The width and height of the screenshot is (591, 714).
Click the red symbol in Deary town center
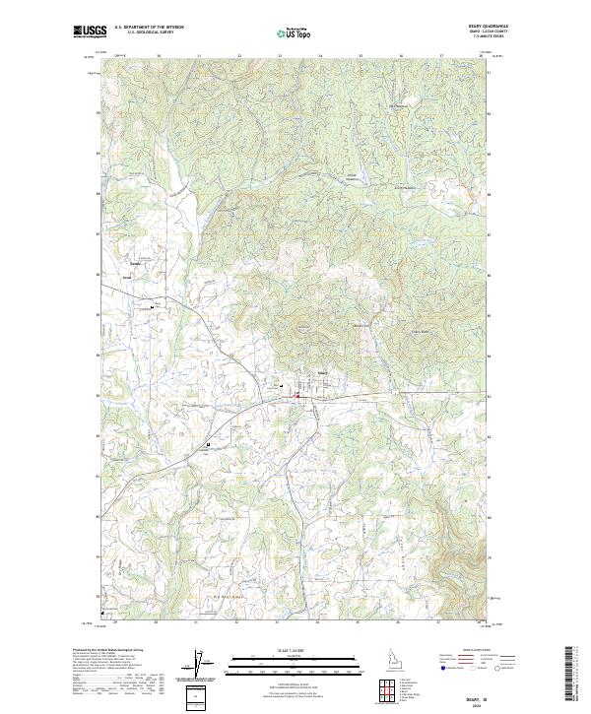coord(296,395)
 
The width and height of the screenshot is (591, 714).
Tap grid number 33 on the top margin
coord(280,55)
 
